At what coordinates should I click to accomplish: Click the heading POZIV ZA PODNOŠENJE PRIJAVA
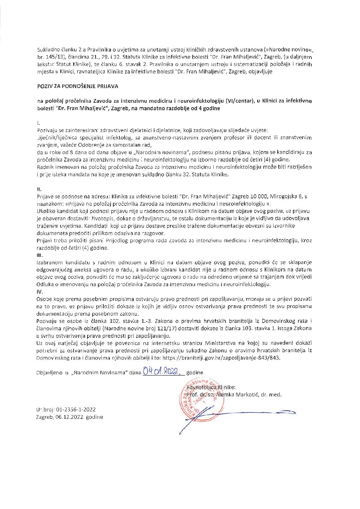(78, 86)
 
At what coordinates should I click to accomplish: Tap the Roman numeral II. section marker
(39, 188)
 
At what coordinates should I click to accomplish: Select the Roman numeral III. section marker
(40, 255)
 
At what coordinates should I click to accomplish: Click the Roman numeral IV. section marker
(40, 292)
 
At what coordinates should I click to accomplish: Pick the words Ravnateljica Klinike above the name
(211, 387)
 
